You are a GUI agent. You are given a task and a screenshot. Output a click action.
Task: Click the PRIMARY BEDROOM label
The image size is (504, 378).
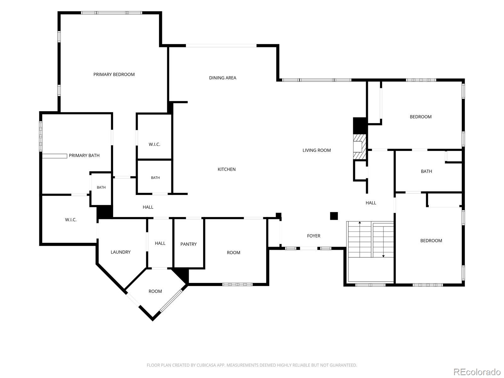(x=114, y=74)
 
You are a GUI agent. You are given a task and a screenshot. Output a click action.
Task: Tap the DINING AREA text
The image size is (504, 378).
(x=222, y=78)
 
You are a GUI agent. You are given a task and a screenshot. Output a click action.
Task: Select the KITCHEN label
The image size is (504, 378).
(x=226, y=169)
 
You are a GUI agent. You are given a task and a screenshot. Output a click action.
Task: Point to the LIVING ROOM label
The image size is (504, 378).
(x=316, y=150)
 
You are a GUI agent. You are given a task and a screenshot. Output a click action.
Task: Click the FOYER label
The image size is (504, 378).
(x=313, y=236)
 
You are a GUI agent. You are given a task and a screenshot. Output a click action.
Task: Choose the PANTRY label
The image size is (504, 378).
(x=188, y=244)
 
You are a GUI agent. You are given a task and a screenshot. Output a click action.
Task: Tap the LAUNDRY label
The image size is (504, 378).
(x=121, y=252)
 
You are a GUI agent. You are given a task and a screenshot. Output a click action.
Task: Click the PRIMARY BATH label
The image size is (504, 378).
(x=84, y=156)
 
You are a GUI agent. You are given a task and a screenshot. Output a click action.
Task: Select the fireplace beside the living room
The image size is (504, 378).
(x=359, y=146)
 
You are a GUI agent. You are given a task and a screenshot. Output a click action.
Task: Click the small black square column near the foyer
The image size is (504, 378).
(x=334, y=216)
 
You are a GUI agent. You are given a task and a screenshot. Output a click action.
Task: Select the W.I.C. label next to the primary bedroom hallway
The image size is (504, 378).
(x=154, y=144)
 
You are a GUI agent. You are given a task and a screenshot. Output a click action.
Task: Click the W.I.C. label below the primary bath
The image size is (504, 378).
(x=71, y=220)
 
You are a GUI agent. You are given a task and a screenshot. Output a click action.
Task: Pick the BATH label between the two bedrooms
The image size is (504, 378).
(x=426, y=171)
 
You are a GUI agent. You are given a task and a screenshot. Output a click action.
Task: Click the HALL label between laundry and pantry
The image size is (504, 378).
(x=160, y=243)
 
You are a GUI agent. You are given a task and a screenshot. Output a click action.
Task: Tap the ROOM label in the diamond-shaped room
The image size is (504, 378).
(x=155, y=291)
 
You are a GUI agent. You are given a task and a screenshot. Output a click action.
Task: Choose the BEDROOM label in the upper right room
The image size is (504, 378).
(x=421, y=117)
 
